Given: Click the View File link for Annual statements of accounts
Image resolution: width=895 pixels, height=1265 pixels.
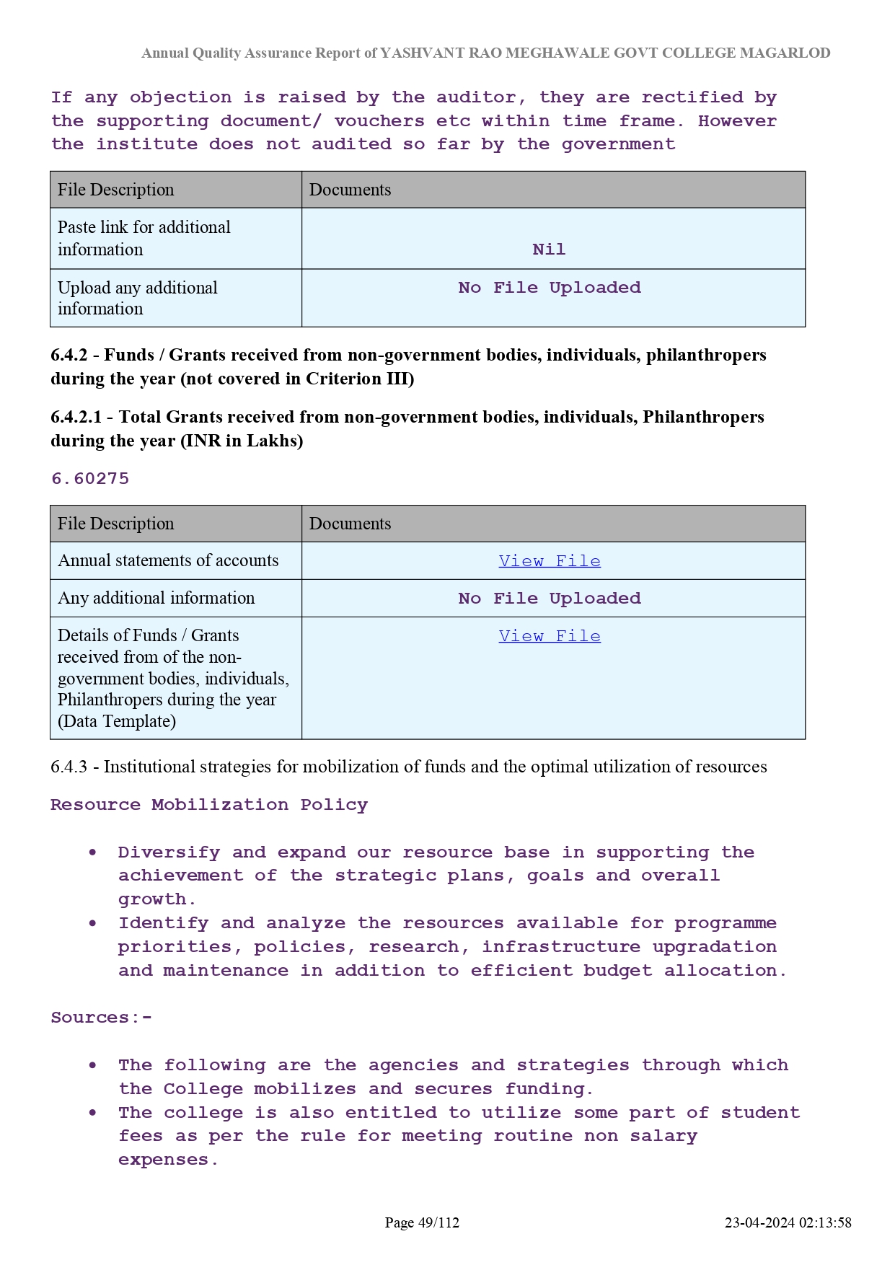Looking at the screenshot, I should (x=549, y=561).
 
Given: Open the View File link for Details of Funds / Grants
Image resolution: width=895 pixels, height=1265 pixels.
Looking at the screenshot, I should (x=549, y=636).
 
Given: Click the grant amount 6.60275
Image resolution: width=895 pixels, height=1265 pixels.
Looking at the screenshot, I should (x=90, y=479).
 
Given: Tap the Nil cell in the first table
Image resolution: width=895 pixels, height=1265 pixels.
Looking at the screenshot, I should (x=549, y=250).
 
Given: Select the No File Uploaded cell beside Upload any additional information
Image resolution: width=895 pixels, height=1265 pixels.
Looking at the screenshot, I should (x=549, y=288).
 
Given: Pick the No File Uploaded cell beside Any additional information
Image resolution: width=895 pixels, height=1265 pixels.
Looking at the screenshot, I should (x=549, y=599).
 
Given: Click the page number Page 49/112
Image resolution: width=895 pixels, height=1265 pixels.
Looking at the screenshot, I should (x=422, y=1222).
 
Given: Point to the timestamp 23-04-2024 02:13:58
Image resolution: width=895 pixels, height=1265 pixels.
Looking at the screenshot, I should (x=788, y=1222).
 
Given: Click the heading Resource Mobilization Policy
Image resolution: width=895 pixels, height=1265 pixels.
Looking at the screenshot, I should (x=208, y=805).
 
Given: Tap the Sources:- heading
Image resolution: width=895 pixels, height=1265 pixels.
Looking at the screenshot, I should (x=101, y=1018).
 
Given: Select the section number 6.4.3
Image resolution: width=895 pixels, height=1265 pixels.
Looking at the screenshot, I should (x=69, y=767).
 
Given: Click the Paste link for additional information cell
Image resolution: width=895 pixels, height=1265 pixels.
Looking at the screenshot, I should (x=144, y=238).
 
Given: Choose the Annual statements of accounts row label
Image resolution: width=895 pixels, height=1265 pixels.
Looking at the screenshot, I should (x=168, y=560).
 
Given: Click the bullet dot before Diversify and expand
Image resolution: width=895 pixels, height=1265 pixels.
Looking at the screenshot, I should (x=93, y=852).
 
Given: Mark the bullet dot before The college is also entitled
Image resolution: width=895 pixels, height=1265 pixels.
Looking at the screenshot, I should (x=93, y=1113).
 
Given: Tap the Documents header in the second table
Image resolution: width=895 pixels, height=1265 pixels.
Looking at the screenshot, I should (x=350, y=524).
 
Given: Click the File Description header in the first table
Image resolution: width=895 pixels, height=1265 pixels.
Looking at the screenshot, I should (x=115, y=190).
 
